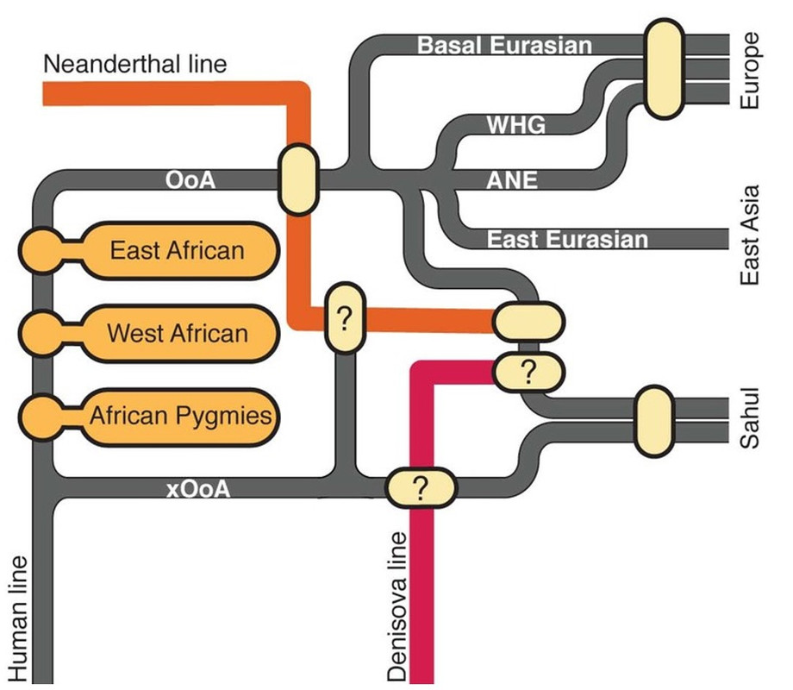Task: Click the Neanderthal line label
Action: (x=134, y=64)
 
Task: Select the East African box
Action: (x=178, y=251)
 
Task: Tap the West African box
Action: (x=178, y=332)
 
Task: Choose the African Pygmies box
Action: (x=181, y=416)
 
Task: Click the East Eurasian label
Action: (x=567, y=239)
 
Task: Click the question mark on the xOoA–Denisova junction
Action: (x=420, y=488)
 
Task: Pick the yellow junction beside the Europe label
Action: (x=665, y=69)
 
